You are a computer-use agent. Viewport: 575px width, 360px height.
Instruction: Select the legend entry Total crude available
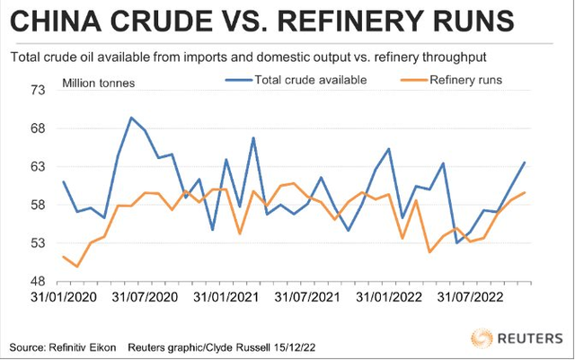[310, 80]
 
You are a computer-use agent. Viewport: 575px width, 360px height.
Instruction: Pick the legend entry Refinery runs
[465, 80]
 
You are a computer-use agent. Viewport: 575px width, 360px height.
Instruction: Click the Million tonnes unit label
[99, 83]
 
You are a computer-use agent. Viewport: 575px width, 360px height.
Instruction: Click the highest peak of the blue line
[131, 118]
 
